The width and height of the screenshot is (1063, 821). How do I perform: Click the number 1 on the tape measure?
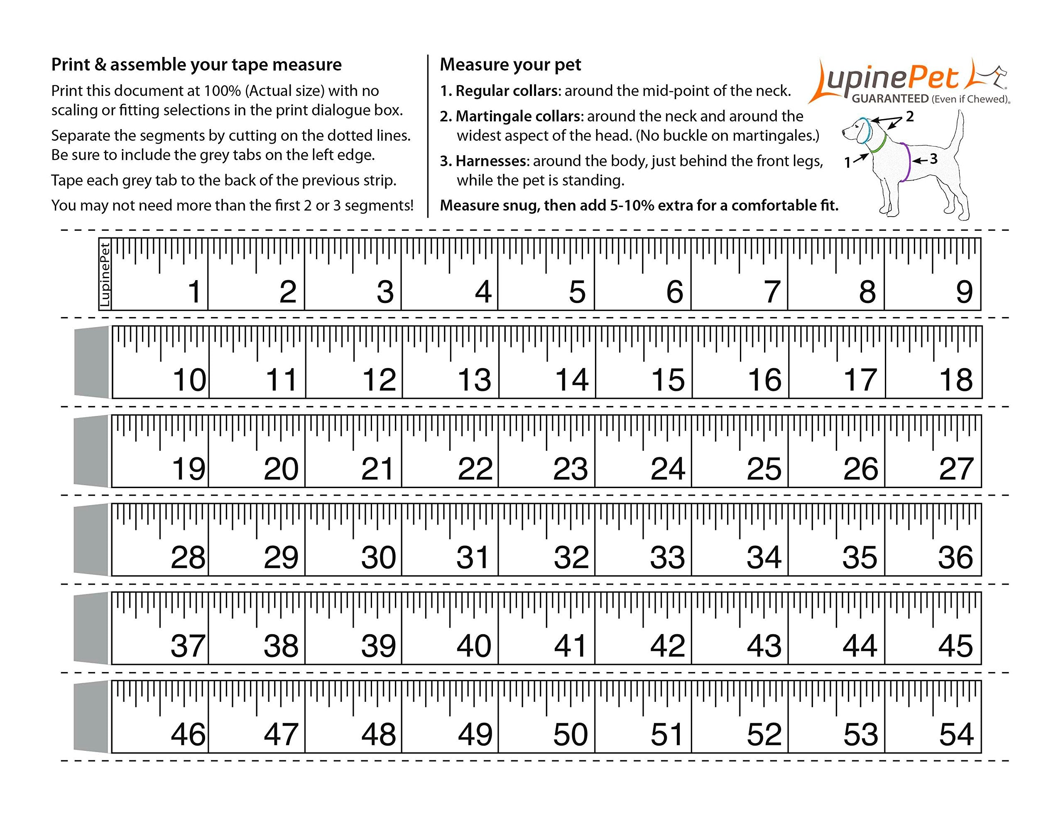coord(194,292)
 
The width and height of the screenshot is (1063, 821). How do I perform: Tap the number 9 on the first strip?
coord(964,292)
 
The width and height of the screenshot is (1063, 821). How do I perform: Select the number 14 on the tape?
coord(572,380)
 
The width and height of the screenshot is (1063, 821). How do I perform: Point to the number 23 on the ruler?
coord(571,469)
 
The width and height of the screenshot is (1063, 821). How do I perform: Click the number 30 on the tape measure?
coord(378,558)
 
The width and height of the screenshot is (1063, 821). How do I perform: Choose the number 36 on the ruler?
coord(955,558)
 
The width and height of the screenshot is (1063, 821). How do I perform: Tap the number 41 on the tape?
coord(571,646)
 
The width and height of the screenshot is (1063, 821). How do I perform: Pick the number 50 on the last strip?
coord(571,735)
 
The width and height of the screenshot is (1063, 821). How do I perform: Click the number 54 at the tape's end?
coord(956,735)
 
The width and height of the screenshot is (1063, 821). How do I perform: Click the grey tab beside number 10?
coord(91,362)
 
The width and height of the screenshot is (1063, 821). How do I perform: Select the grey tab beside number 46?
coord(91,717)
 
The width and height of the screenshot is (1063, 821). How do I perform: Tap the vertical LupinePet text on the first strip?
coord(105,274)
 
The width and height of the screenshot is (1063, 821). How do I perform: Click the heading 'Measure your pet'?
coord(510,65)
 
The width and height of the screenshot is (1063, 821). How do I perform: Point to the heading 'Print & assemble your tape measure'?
coord(196,65)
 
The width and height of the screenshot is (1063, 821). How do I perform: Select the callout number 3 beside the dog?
coord(933,159)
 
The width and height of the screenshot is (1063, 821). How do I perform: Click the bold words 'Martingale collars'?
coord(518,116)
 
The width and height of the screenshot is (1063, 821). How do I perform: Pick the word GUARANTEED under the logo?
coord(890,99)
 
